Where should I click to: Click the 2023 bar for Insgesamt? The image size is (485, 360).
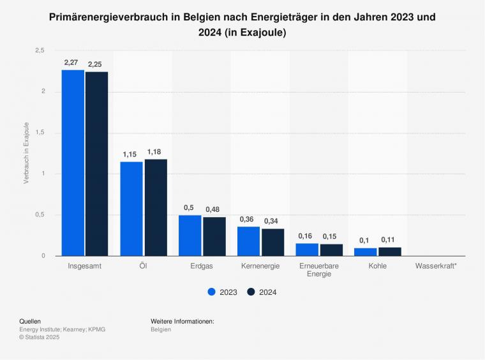(x=73, y=163)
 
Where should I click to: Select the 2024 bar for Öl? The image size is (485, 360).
(x=156, y=207)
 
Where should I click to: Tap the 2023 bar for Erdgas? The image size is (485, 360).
(x=190, y=236)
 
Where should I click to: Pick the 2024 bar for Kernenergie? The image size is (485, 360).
(x=272, y=242)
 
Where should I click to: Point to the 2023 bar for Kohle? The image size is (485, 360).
(x=365, y=252)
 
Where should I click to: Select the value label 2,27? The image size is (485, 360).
(x=71, y=63)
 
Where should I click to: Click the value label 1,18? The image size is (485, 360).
(x=154, y=152)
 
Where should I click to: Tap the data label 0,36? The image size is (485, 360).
(x=246, y=220)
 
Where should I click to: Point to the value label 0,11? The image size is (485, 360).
(x=388, y=240)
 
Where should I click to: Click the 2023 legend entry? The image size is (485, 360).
(x=223, y=292)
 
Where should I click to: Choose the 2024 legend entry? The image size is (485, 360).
(x=262, y=292)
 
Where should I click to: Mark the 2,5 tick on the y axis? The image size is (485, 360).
(x=39, y=50)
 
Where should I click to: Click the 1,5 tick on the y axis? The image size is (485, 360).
(x=39, y=133)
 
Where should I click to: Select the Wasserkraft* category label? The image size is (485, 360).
(x=436, y=266)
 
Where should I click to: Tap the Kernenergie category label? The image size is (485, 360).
(x=260, y=266)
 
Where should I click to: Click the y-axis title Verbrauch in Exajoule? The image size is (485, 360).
(x=26, y=153)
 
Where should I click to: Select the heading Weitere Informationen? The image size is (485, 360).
(x=182, y=321)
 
